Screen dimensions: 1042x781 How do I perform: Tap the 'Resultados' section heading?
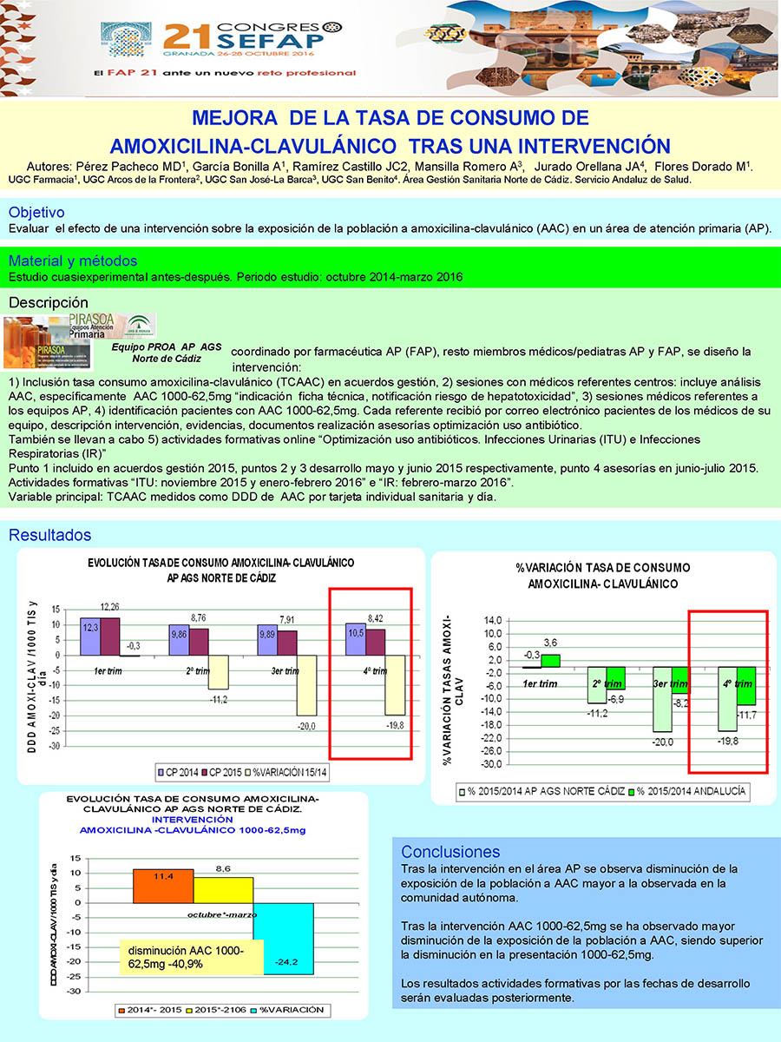click(x=49, y=536)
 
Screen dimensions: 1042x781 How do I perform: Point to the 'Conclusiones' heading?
click(x=450, y=852)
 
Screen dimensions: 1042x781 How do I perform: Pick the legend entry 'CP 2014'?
click(x=176, y=770)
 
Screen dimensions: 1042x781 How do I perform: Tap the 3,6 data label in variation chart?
click(x=550, y=643)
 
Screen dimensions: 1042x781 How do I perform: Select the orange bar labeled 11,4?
click(x=163, y=886)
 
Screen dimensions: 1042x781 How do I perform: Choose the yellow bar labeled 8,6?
click(x=223, y=889)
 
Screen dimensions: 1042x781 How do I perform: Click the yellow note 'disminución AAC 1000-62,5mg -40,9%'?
click(x=181, y=957)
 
